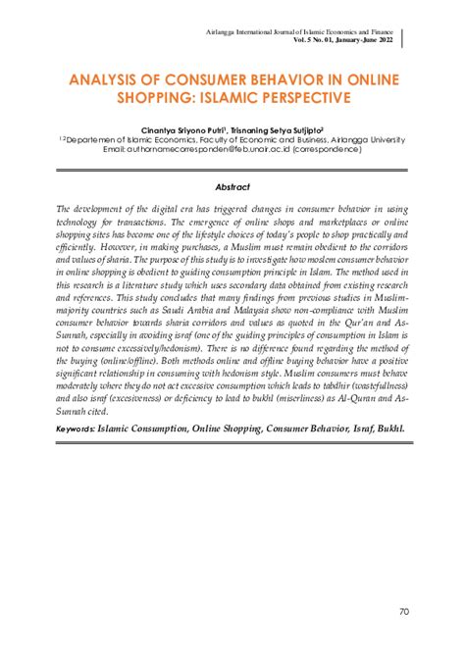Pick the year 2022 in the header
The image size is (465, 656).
pyautogui.click(x=385, y=39)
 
